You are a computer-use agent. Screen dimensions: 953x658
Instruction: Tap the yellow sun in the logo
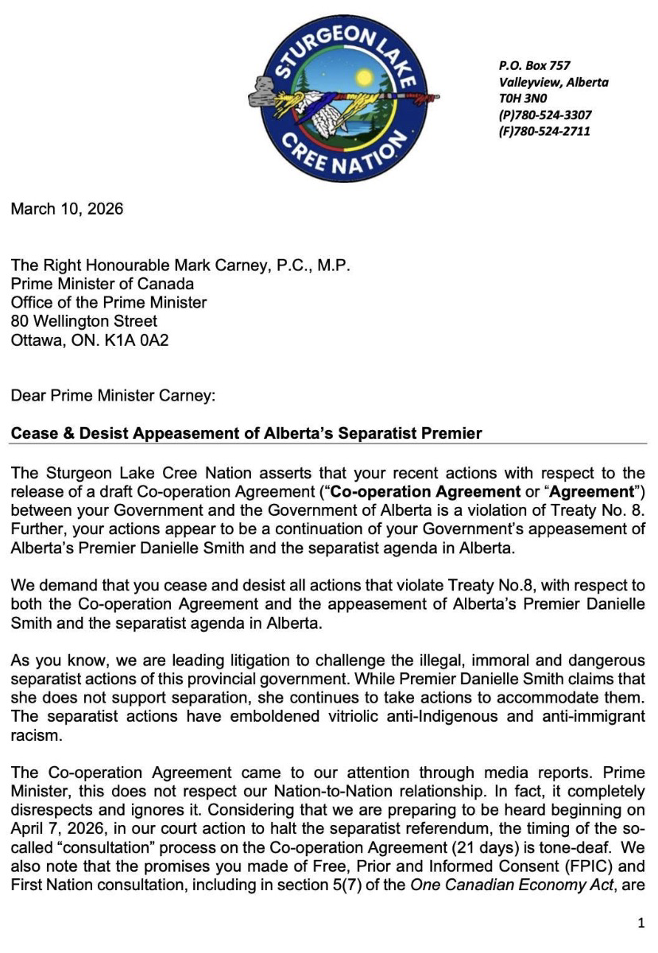365,78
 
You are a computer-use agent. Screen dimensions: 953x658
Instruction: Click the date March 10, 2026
67,209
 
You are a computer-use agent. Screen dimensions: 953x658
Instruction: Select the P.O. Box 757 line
535,65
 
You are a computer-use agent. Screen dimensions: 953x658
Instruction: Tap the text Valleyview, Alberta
554,82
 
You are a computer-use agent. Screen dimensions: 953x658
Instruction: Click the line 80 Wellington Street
84,321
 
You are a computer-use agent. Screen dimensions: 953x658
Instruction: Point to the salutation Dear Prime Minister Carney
113,395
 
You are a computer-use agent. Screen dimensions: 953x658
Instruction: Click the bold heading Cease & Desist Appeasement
246,433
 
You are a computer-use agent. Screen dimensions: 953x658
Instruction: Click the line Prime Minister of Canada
103,284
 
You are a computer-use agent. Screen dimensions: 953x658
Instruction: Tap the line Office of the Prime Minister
109,302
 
